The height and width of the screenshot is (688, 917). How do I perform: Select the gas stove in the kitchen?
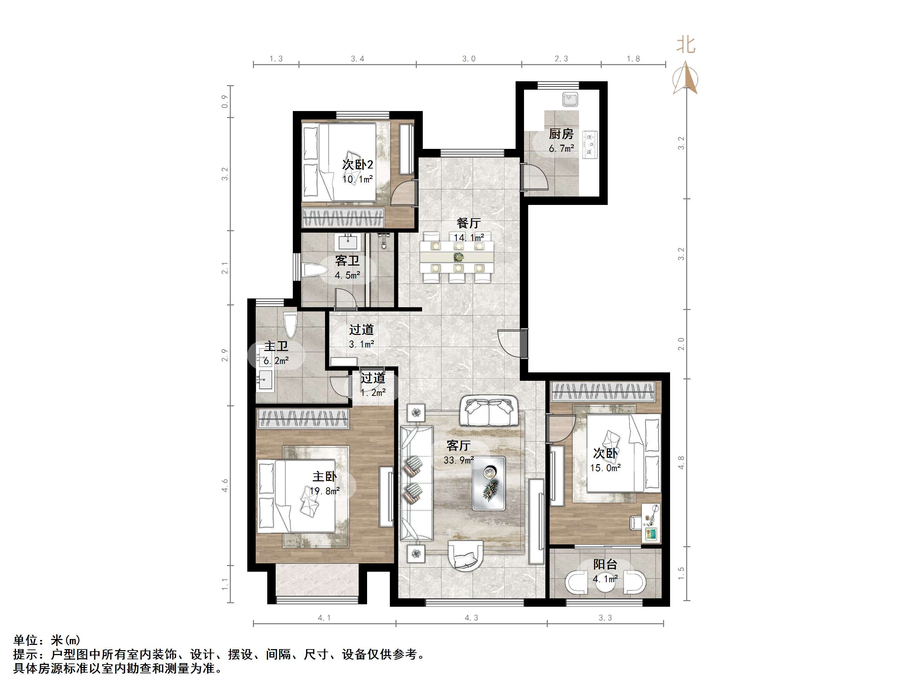(590, 145)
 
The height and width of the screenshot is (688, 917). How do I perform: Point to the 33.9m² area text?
(458, 460)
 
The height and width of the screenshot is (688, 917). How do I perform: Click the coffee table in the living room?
(489, 483)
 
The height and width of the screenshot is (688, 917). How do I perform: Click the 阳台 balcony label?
(605, 564)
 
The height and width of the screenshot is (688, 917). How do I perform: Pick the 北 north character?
(686, 45)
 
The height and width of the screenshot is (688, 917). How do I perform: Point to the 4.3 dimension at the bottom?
(471, 618)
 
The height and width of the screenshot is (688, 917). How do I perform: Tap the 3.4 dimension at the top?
(357, 59)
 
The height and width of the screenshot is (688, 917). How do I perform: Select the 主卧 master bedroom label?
(324, 476)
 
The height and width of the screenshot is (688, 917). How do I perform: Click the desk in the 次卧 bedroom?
(650, 523)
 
